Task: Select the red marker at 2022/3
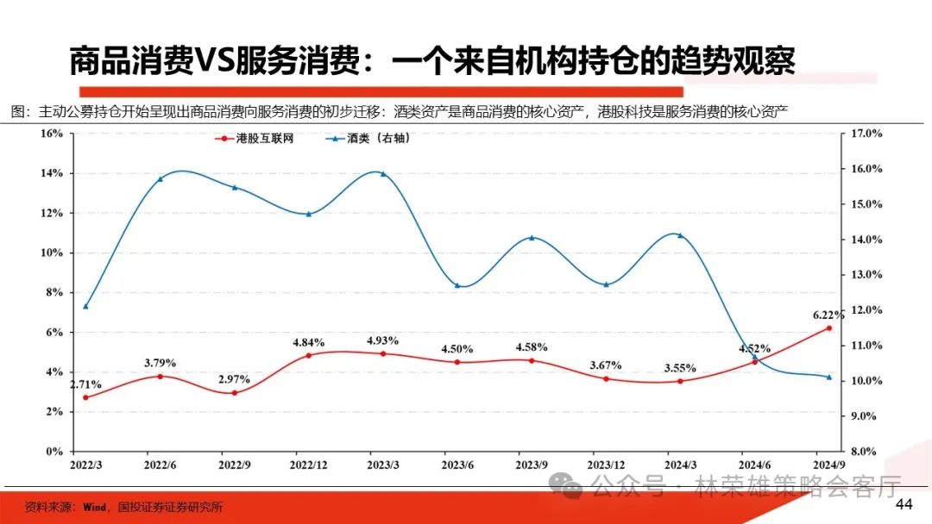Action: coord(85,397)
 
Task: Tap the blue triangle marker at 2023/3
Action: coord(382,173)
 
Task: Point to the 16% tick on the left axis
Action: coord(52,134)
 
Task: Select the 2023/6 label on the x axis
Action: coord(457,465)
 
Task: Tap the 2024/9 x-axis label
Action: coord(828,465)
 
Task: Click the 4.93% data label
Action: coord(382,340)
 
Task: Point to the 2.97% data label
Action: coord(234,379)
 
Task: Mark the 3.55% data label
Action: coord(680,368)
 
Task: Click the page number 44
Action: coord(904,504)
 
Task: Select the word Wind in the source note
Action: coord(94,507)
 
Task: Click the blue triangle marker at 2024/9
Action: coord(828,377)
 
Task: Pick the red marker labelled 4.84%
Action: coord(308,355)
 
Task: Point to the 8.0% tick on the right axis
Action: coord(864,451)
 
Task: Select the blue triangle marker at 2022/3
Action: coord(85,306)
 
